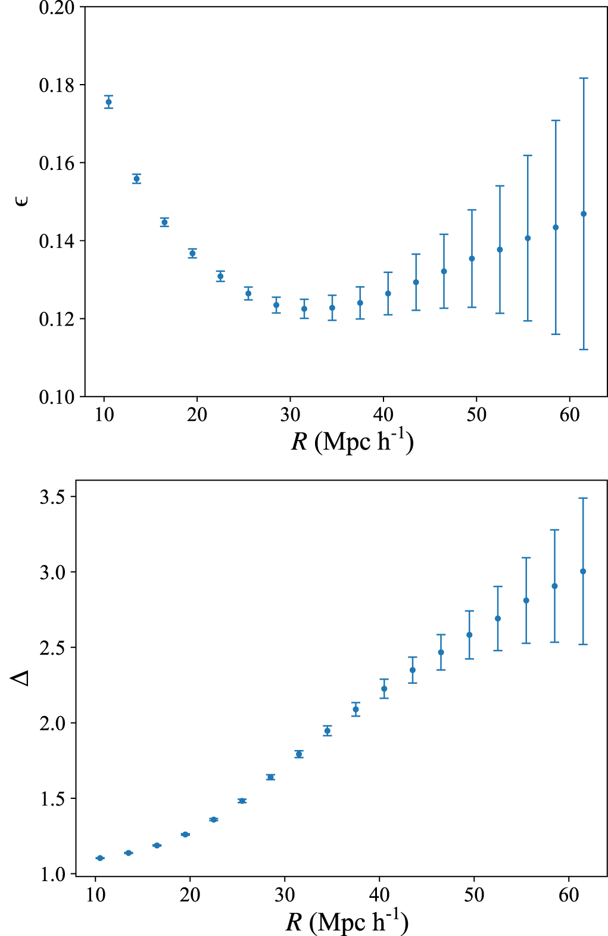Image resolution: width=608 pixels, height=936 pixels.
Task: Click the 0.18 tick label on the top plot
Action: pyautogui.click(x=57, y=85)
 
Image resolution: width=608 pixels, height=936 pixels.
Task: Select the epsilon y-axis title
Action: pyautogui.click(x=22, y=201)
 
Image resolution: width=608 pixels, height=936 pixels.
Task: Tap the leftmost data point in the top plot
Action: pyautogui.click(x=108, y=102)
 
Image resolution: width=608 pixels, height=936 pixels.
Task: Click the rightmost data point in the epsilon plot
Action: pyautogui.click(x=584, y=214)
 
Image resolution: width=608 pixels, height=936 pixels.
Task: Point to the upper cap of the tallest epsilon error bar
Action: pyautogui.click(x=584, y=78)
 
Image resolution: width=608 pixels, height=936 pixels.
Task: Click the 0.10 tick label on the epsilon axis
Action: pyautogui.click(x=57, y=397)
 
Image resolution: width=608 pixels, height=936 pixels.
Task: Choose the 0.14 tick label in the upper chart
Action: pyautogui.click(x=57, y=241)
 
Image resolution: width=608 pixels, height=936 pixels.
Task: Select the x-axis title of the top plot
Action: pyautogui.click(x=352, y=442)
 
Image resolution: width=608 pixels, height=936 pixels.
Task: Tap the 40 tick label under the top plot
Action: pyautogui.click(x=383, y=414)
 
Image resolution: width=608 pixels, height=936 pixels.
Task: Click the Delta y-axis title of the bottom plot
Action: pyautogui.click(x=21, y=677)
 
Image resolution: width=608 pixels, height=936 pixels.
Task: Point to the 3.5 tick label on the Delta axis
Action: pyautogui.click(x=53, y=497)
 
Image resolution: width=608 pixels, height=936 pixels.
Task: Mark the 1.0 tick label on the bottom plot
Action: pyautogui.click(x=53, y=875)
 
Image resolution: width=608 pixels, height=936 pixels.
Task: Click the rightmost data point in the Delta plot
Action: pyautogui.click(x=583, y=571)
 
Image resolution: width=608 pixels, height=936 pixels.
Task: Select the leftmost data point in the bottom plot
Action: pyautogui.click(x=99, y=858)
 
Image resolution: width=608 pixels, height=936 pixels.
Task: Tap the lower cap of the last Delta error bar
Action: pyautogui.click(x=583, y=644)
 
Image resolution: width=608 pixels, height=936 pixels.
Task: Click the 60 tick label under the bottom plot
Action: pyautogui.click(x=569, y=895)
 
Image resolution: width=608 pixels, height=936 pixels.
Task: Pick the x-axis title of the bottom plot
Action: pyautogui.click(x=347, y=922)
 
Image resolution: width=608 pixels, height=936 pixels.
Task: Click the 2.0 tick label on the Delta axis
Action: pyautogui.click(x=53, y=723)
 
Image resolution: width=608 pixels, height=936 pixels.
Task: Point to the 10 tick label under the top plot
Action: pyautogui.click(x=104, y=414)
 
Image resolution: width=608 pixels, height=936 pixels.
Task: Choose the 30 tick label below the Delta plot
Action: pyautogui.click(x=285, y=895)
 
